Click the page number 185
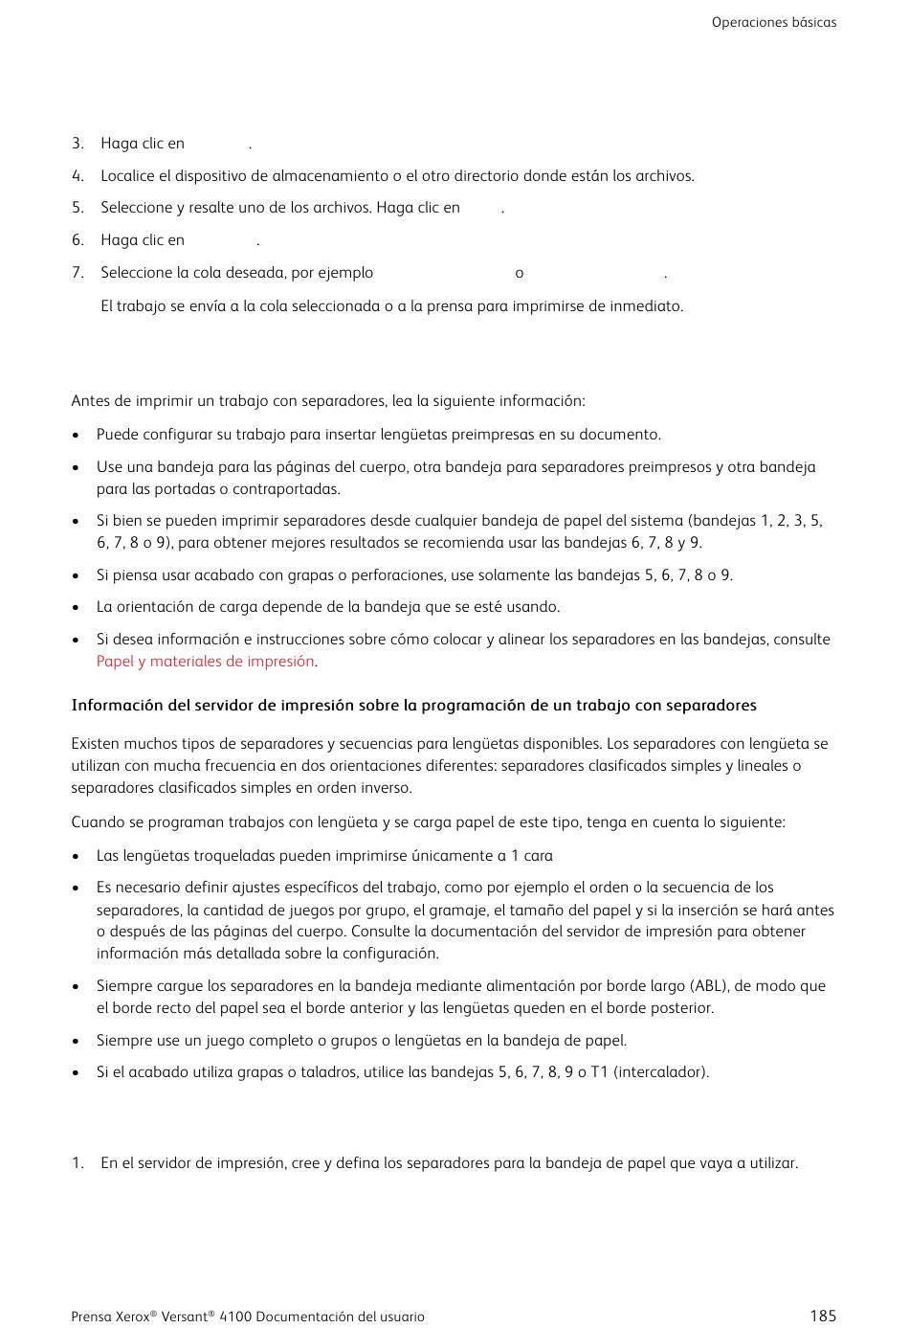tap(822, 1316)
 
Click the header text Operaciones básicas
tap(773, 22)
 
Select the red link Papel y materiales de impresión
tap(205, 662)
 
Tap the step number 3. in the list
tap(78, 144)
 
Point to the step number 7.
tap(78, 273)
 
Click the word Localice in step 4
tap(127, 176)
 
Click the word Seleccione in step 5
tap(135, 208)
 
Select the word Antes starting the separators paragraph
tap(90, 401)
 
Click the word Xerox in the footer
tap(131, 1317)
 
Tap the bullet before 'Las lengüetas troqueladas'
tap(76, 856)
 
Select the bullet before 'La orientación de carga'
tap(76, 607)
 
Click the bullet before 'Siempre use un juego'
tap(76, 1041)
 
